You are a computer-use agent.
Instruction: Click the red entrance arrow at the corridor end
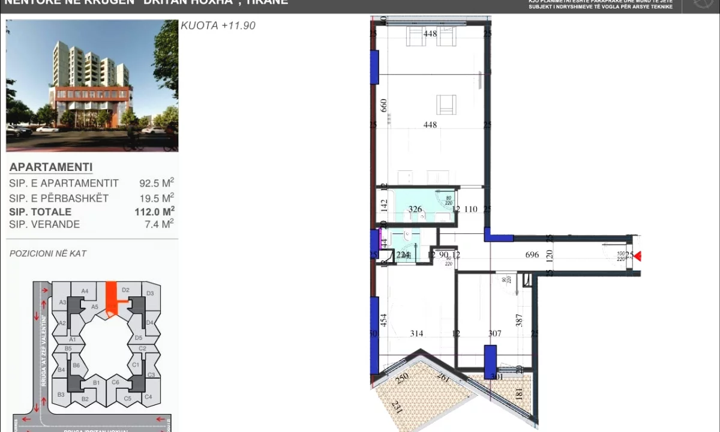point(638,256)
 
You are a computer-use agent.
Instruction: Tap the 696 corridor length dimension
point(532,255)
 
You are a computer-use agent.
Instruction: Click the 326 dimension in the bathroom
point(415,209)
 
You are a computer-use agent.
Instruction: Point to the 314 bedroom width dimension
point(416,334)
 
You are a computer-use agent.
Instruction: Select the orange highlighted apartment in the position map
point(110,298)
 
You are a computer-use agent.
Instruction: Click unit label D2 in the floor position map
point(125,290)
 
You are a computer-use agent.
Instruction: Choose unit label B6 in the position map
point(76,365)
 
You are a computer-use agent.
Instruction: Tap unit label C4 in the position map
point(148,397)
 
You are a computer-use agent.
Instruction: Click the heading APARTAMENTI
point(51,167)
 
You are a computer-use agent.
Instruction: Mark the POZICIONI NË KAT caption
point(48,254)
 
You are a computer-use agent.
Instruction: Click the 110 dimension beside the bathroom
point(471,209)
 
